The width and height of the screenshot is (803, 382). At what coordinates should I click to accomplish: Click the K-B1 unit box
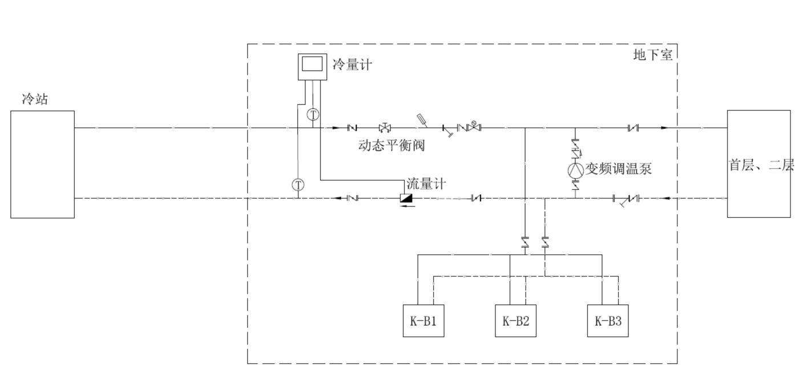[423, 321]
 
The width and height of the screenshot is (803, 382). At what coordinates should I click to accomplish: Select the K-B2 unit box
[515, 321]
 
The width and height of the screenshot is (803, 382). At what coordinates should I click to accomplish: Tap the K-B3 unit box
[608, 321]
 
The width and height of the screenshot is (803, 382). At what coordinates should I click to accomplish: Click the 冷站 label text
[35, 99]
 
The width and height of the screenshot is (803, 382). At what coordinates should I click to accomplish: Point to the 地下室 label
[653, 55]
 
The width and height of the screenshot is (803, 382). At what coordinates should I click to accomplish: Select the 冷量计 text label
[352, 64]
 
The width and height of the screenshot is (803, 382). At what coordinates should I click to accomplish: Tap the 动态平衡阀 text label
[392, 145]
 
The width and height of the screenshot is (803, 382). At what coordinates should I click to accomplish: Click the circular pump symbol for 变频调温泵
[575, 169]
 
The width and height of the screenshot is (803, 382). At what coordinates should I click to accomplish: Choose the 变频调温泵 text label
[618, 169]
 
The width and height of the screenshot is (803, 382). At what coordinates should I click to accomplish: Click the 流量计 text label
[426, 184]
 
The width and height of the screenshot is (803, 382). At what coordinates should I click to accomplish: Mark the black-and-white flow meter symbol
[407, 198]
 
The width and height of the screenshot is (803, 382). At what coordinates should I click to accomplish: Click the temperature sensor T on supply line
[313, 114]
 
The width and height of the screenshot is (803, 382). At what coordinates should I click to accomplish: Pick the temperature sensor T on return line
[298, 185]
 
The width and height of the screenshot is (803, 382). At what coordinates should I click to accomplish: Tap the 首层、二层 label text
[761, 165]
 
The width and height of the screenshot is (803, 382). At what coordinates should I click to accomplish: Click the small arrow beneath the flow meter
[407, 206]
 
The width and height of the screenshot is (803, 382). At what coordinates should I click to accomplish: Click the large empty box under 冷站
[43, 164]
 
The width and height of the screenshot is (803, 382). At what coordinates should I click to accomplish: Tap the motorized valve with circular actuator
[473, 127]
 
